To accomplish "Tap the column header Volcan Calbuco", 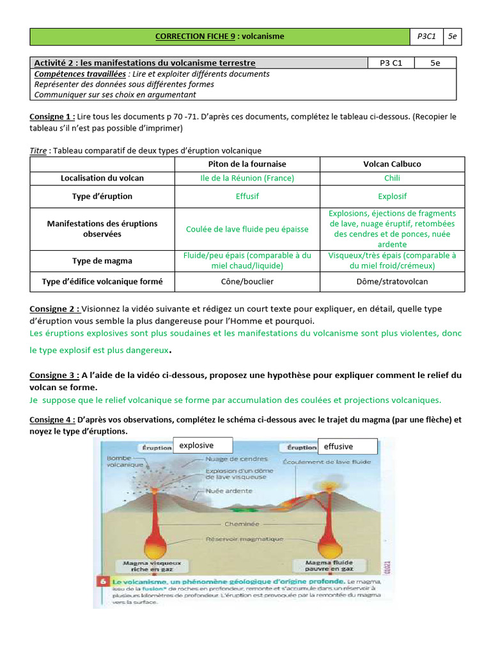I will pyautogui.click(x=392, y=164).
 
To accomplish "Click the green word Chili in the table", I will pyautogui.click(x=392, y=178).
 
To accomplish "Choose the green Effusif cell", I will pyautogui.click(x=247, y=196).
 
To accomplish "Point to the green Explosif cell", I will pyautogui.click(x=392, y=196).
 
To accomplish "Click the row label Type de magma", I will pyautogui.click(x=102, y=261).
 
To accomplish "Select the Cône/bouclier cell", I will pyautogui.click(x=247, y=281).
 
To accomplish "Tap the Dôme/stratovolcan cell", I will pyautogui.click(x=392, y=281).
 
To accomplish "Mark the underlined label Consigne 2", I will pyautogui.click(x=54, y=309).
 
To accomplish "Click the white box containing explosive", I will pyautogui.click(x=203, y=445).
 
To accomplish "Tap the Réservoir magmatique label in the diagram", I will pyautogui.click(x=244, y=539).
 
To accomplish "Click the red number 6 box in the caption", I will pyautogui.click(x=102, y=581).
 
